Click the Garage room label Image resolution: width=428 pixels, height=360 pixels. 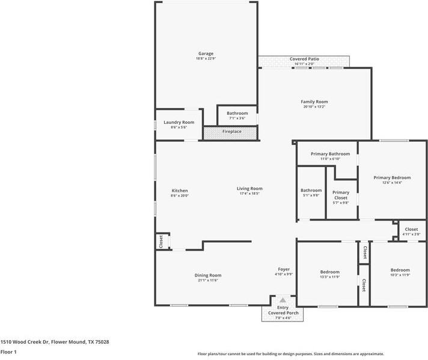[206, 53]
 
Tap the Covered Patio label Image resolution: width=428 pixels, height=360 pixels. [304, 59]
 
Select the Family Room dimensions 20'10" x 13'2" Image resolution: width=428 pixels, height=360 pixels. [314, 107]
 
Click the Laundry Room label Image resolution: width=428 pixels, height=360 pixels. [179, 122]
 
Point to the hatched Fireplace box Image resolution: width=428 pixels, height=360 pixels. [231, 132]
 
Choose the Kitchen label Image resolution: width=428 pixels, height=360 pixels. [179, 191]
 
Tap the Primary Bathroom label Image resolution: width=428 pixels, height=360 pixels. [330, 154]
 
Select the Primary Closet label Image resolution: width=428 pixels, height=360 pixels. [341, 195]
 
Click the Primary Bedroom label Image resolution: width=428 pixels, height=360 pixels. [392, 177]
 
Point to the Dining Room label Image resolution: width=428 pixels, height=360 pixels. [208, 275]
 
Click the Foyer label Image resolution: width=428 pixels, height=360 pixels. [284, 269]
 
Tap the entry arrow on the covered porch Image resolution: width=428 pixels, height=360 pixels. [283, 300]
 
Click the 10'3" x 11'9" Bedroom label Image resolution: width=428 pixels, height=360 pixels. [400, 270]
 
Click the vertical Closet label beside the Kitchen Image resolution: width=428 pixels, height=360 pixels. [161, 242]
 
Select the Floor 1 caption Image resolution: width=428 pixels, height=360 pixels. [8, 352]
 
